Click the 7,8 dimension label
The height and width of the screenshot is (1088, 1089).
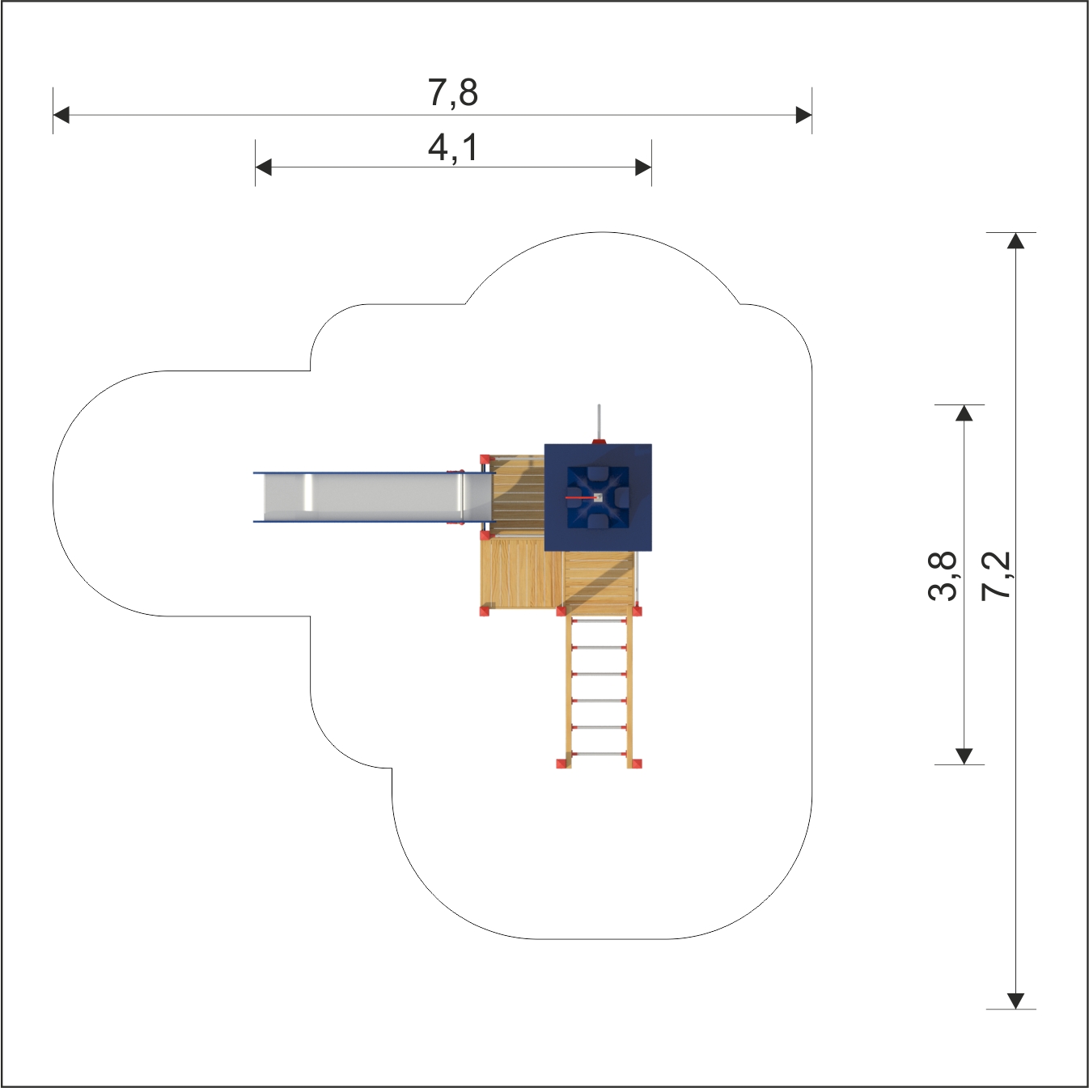tap(452, 93)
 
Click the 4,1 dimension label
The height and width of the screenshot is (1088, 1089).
tap(452, 148)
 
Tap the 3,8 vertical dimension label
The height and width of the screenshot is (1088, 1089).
tap(942, 575)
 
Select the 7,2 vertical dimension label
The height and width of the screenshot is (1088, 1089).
tap(995, 575)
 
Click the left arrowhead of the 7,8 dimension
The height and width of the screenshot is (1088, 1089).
tap(61, 115)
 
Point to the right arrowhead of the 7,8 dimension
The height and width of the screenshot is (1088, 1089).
tap(803, 115)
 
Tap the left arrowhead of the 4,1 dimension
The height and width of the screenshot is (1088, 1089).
tap(263, 167)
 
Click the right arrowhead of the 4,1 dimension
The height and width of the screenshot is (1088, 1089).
tap(643, 167)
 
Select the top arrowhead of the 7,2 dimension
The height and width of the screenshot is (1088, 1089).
tap(1015, 241)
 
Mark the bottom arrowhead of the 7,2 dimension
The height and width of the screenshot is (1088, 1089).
tap(1015, 1001)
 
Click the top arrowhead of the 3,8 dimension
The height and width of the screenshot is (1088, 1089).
tap(964, 413)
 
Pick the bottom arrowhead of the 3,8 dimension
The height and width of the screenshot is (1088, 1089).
tap(964, 756)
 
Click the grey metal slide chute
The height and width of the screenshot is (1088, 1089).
tap(373, 497)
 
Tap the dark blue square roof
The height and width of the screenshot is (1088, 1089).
tap(598, 497)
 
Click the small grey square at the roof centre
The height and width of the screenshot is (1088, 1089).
tap(599, 497)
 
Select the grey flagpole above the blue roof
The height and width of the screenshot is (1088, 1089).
tap(599, 423)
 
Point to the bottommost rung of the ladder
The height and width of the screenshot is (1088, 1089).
tap(599, 755)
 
